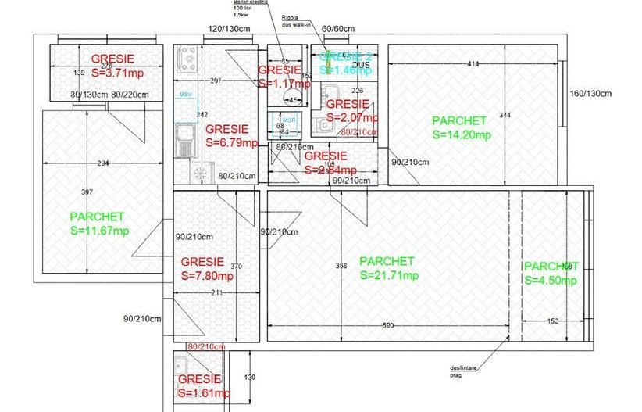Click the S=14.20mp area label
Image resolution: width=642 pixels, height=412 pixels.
click(x=461, y=134)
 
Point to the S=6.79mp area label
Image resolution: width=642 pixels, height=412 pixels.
click(x=231, y=143)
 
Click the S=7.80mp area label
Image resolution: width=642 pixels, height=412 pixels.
click(x=207, y=276)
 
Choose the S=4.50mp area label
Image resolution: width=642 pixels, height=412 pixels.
click(x=551, y=281)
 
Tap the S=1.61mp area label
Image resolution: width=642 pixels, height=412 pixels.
click(x=204, y=392)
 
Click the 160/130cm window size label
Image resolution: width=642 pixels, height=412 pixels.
click(x=590, y=94)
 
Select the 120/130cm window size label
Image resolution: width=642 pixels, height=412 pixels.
click(x=228, y=30)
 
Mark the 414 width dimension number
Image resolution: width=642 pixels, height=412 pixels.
click(x=473, y=63)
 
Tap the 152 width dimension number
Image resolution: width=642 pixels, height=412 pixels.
click(x=552, y=321)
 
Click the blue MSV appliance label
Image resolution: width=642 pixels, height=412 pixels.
click(x=185, y=95)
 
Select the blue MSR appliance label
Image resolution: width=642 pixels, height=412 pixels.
click(x=290, y=120)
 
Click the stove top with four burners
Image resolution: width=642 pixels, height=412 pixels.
click(x=187, y=57)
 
